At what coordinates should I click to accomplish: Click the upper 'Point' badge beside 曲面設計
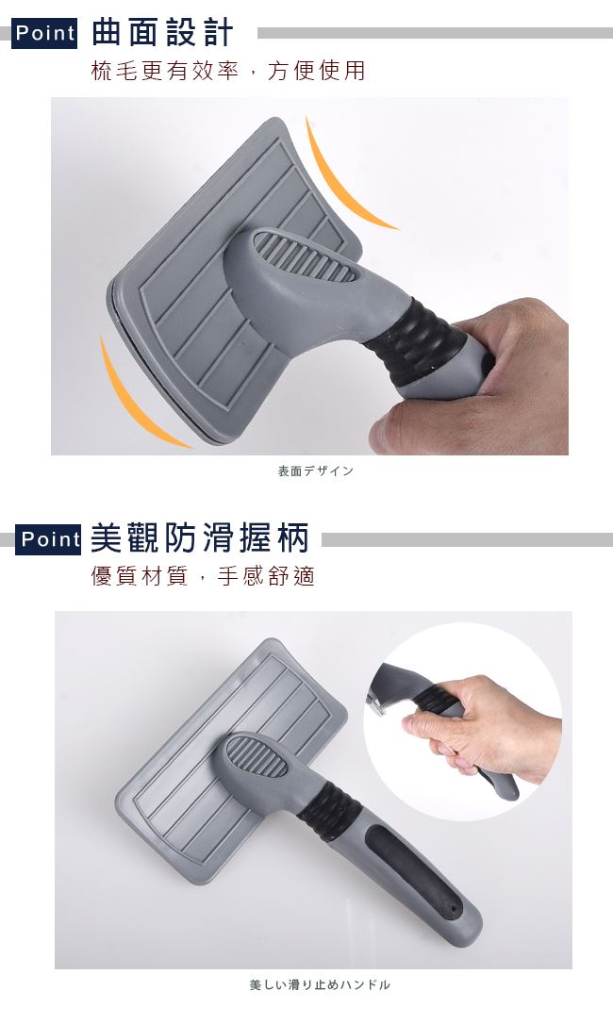coord(44,33)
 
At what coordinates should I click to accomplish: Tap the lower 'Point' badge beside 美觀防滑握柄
coord(48,539)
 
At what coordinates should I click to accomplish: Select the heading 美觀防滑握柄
coord(199,538)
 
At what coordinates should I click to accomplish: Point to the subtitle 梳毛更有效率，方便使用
coord(228,71)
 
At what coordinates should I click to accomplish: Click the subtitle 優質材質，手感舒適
coord(204,576)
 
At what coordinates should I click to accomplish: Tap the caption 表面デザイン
coord(316,471)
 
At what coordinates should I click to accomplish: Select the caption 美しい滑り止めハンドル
coord(320,984)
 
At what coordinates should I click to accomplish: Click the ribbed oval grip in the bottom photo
coord(259,756)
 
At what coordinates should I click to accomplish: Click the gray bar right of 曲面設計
coord(435,33)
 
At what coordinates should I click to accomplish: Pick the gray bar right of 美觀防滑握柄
coord(467,539)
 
